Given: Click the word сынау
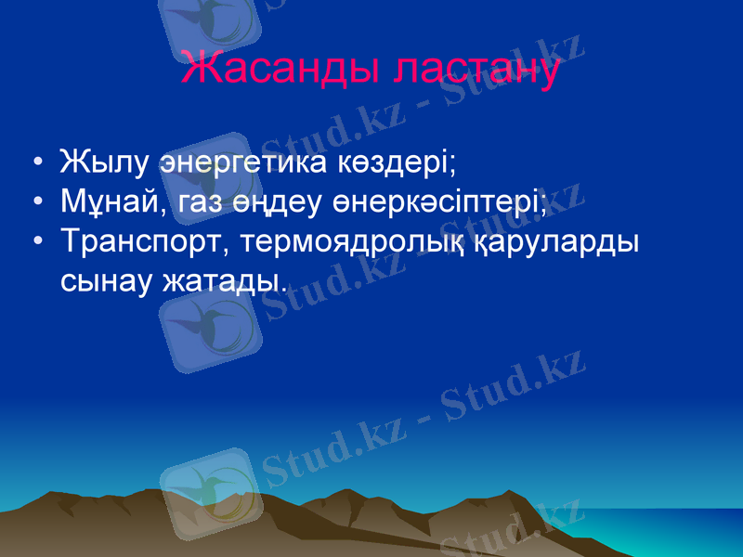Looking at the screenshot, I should pyautogui.click(x=105, y=278).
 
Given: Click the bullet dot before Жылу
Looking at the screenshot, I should pyautogui.click(x=35, y=163).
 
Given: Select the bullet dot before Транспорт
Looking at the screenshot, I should pyautogui.click(x=35, y=241).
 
